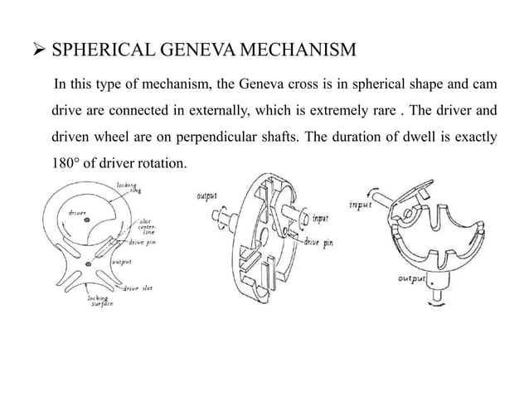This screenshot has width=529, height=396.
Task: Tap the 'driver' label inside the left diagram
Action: click(x=76, y=213)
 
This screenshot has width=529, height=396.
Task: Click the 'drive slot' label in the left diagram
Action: click(x=137, y=288)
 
